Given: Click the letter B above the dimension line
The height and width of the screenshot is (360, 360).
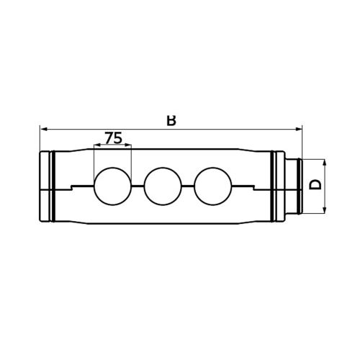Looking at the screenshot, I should tap(171, 120).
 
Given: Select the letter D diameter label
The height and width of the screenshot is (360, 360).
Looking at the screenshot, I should tap(315, 184).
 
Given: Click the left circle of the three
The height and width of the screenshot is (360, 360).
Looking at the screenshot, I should tap(113, 186).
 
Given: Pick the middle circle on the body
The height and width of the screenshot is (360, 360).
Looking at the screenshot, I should tap(163, 186).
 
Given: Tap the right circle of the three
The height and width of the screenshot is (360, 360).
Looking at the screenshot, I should tap(214, 186).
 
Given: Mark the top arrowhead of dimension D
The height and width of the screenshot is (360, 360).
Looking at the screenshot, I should tap(326, 162).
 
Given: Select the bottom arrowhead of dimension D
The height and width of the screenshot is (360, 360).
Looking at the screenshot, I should tap(326, 210).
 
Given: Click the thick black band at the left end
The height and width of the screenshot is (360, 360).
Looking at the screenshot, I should tap(52, 186).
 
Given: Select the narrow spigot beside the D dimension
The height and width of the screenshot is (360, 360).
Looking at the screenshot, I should tap(294, 186).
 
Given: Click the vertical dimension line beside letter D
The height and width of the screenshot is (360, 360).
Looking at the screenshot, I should tap(326, 186).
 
